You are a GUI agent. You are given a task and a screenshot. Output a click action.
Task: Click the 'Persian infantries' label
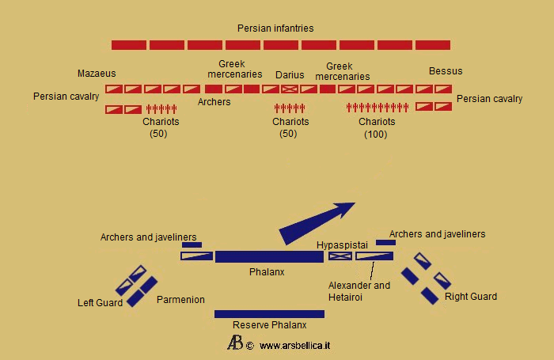click(275, 28)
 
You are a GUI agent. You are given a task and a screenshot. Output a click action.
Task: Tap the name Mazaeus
click(97, 74)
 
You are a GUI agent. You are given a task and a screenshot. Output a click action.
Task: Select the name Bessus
click(446, 71)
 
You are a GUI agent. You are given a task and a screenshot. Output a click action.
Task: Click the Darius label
click(290, 75)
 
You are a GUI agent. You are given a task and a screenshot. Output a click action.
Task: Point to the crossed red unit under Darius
click(290, 89)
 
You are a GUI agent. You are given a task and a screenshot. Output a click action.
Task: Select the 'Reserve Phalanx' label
click(268, 325)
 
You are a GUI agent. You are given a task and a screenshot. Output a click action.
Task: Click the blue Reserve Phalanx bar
click(269, 314)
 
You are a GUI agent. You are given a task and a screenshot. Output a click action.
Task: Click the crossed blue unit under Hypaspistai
click(340, 256)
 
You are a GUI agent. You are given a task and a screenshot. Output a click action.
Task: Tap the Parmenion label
click(180, 300)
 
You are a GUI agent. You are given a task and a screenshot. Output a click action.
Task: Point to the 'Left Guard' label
click(100, 302)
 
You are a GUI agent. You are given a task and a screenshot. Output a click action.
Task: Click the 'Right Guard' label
click(471, 297)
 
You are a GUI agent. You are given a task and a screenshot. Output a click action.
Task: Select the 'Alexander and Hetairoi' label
click(359, 291)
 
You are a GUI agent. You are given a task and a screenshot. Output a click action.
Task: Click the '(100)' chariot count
click(376, 135)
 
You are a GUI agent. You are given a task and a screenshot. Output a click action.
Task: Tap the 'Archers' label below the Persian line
click(214, 102)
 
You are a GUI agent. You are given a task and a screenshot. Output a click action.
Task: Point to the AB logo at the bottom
click(235, 343)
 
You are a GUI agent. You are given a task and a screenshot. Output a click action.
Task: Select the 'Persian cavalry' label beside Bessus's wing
click(490, 99)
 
